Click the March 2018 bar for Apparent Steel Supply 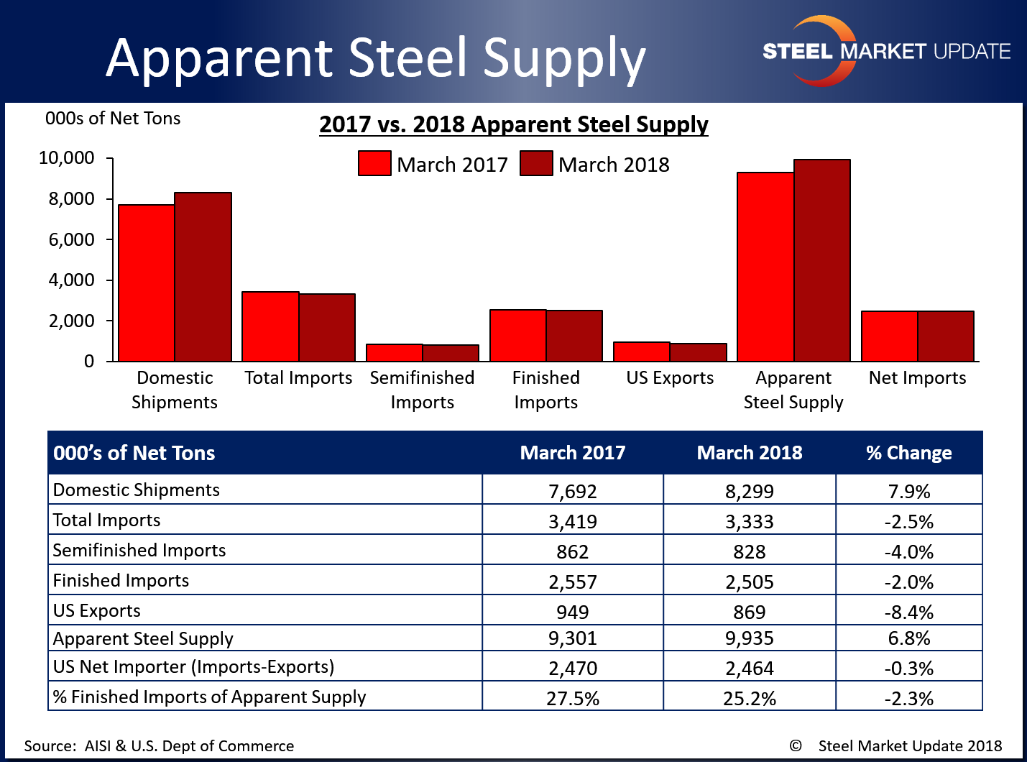tap(822, 260)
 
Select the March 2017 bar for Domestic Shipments tap(147, 283)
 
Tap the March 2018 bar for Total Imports tap(327, 327)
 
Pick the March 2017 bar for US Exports tap(642, 352)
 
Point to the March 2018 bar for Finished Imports tap(574, 336)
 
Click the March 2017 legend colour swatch tap(374, 164)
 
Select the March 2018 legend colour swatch tap(536, 164)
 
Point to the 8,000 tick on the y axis tap(72, 199)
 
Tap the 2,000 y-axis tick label tap(72, 321)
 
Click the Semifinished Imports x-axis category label tap(422, 390)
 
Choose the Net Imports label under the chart tap(917, 378)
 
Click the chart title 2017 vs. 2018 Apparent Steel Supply tap(513, 124)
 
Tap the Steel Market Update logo tap(885, 51)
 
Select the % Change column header tap(908, 453)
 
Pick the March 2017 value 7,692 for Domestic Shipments tap(573, 492)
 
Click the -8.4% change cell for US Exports tap(908, 612)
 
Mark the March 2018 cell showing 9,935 tap(750, 638)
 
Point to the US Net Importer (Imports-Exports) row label tap(194, 667)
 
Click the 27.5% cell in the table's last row tap(573, 698)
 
